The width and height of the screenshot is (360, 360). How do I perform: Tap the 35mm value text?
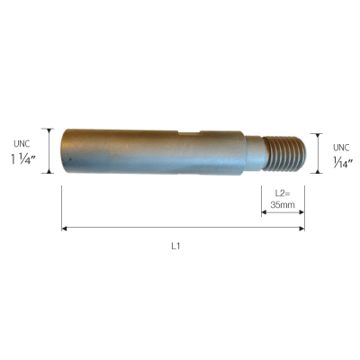point(283,205)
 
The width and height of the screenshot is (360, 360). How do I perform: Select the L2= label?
point(283,193)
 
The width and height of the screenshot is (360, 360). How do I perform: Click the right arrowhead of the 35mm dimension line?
point(301,212)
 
